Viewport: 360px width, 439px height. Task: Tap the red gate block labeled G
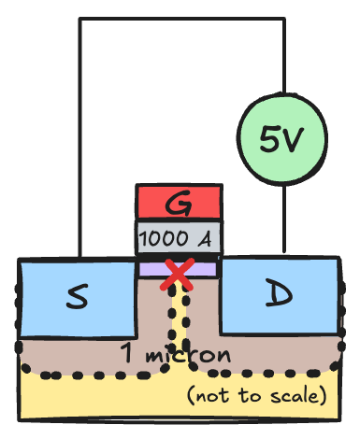pyautogui.click(x=179, y=201)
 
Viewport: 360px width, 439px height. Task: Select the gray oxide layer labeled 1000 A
pyautogui.click(x=179, y=238)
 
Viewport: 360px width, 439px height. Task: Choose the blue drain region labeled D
pyautogui.click(x=279, y=295)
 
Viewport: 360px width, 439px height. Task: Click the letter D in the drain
pyautogui.click(x=278, y=295)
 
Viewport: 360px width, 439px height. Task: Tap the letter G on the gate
pyautogui.click(x=179, y=202)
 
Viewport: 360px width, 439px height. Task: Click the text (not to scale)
pyautogui.click(x=257, y=395)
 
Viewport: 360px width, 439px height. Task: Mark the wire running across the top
pyautogui.click(x=178, y=19)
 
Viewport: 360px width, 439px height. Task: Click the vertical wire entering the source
pyautogui.click(x=79, y=140)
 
